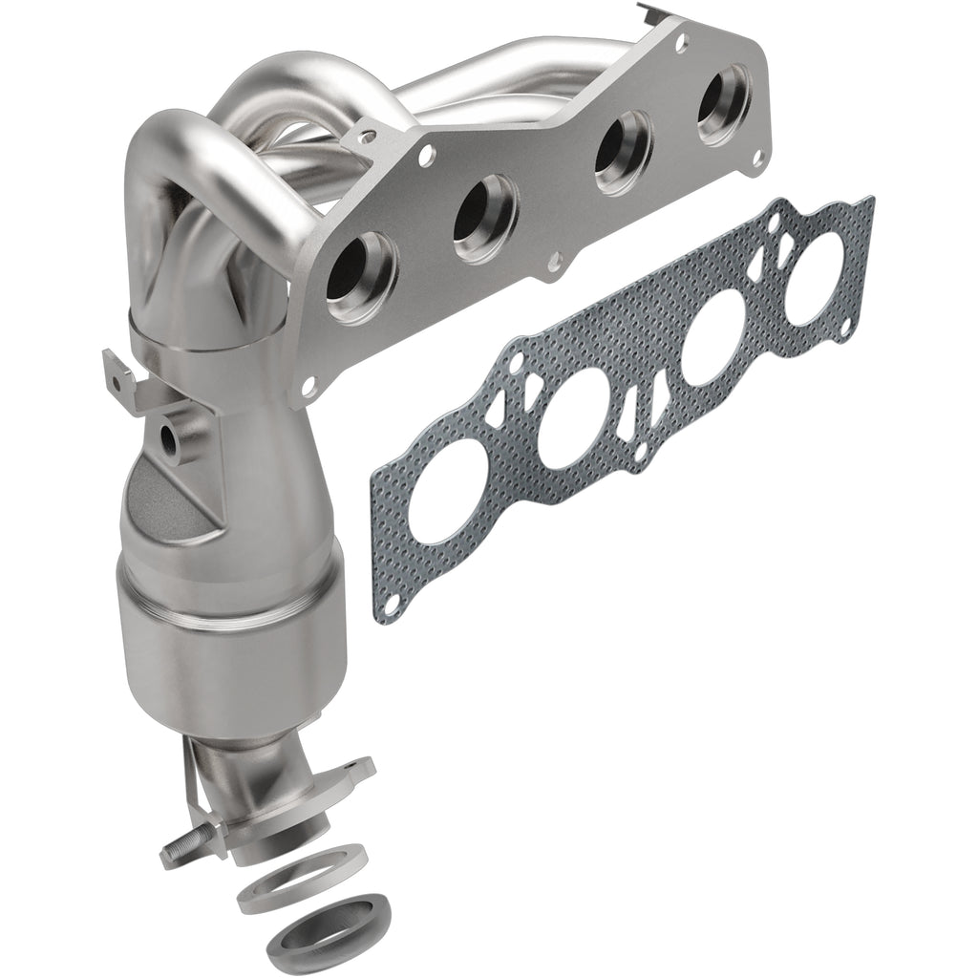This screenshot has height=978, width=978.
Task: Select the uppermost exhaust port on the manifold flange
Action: coord(722,103)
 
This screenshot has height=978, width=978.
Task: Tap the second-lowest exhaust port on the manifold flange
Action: coord(484,217)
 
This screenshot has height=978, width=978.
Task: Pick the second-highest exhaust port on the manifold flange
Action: coord(622,154)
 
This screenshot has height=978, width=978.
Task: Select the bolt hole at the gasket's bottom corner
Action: coord(391,602)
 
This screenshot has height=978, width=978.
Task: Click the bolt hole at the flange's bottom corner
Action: coord(308,388)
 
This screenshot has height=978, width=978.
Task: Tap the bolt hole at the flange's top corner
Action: coord(681,42)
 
